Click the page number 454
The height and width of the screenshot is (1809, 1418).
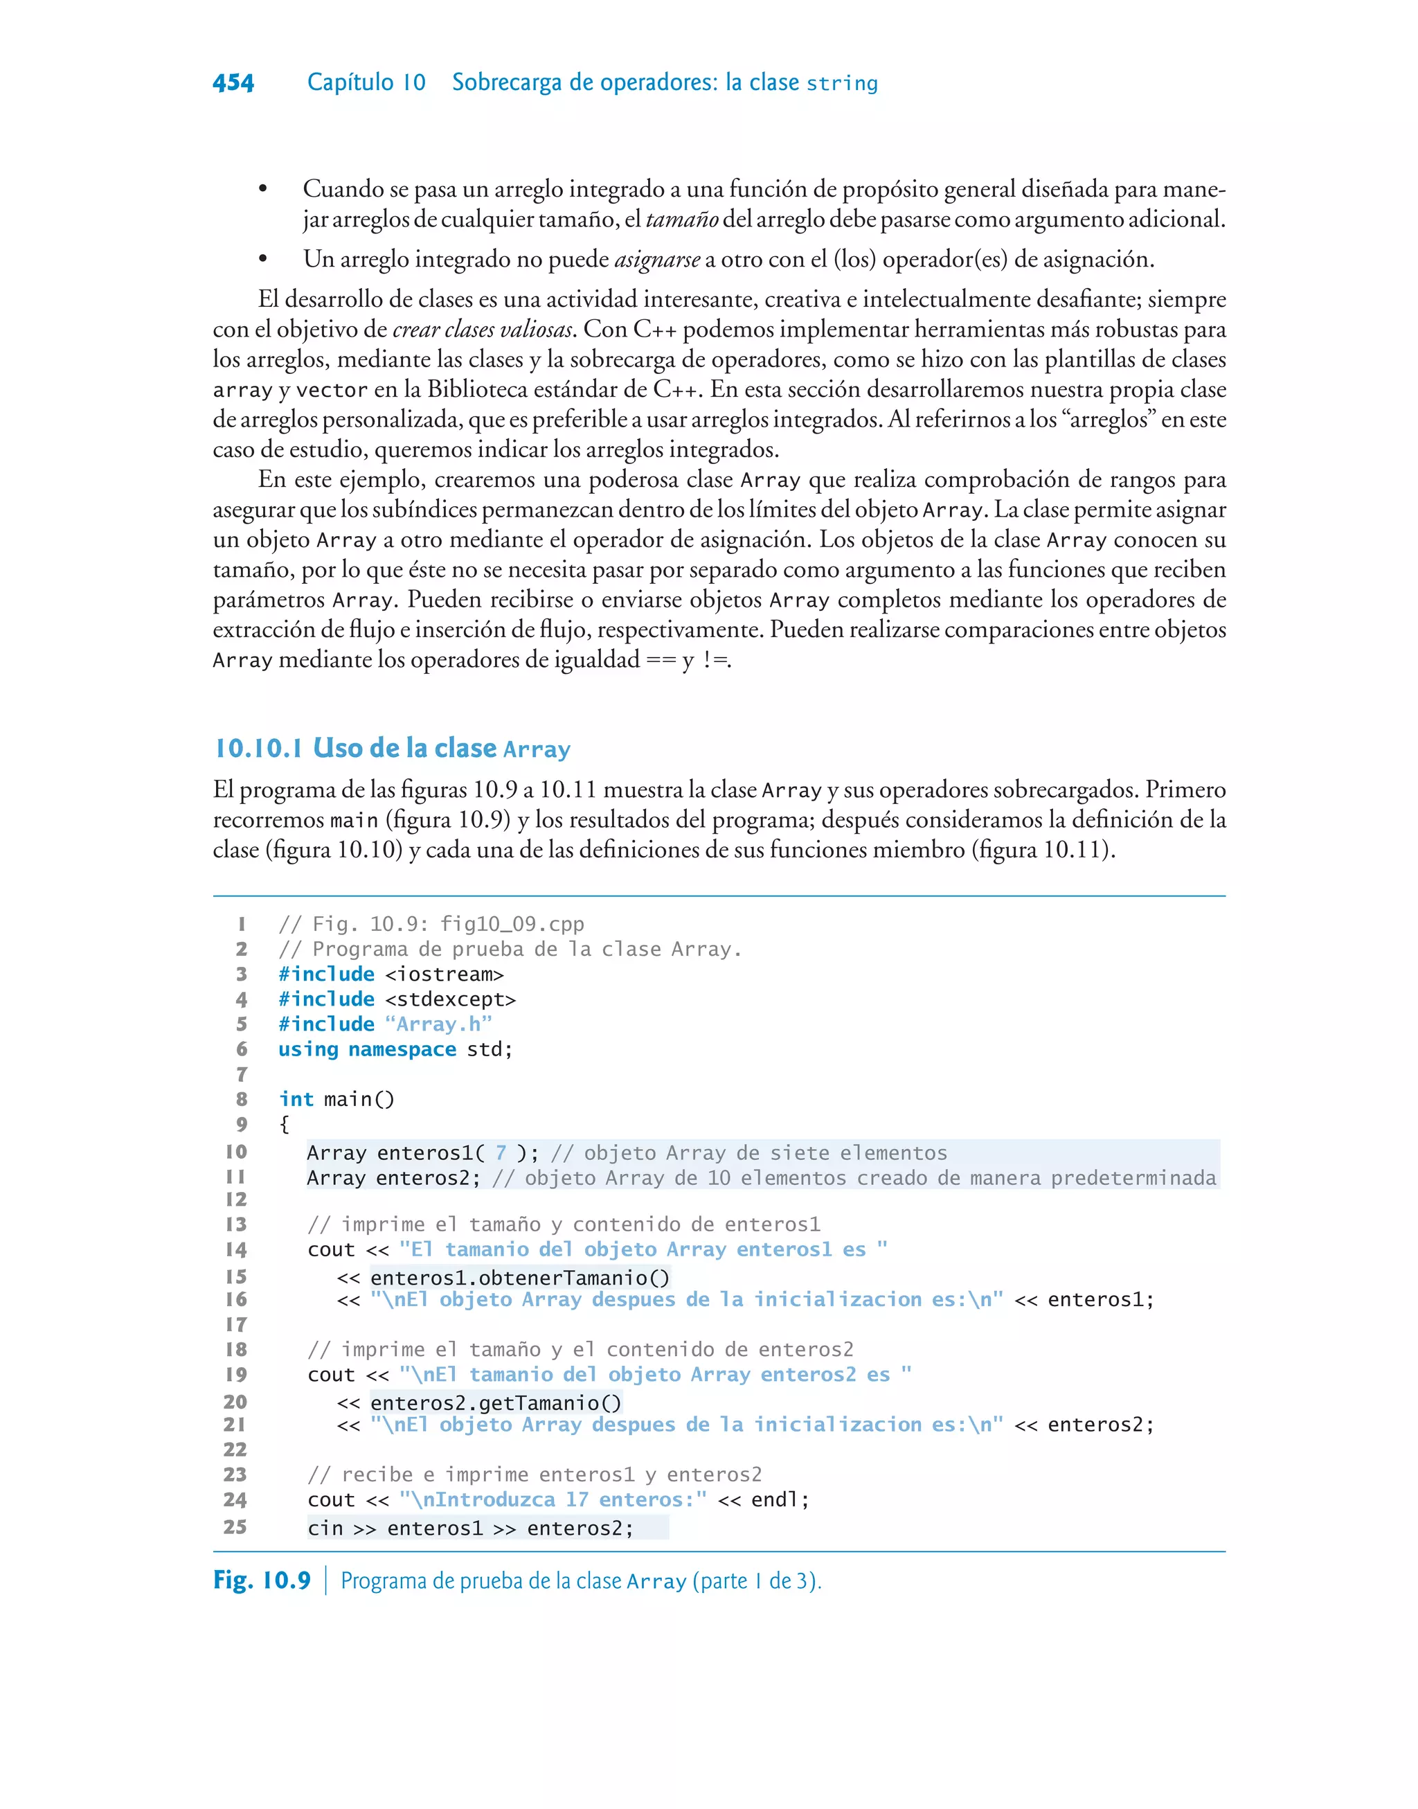coord(233,82)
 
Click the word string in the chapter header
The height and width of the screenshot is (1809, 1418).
coord(842,84)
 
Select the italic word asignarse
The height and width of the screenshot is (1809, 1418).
coord(656,259)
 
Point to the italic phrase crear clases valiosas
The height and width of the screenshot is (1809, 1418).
coord(483,330)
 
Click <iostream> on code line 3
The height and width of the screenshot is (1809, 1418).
coord(444,974)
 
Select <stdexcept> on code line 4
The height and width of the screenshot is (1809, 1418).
coord(450,999)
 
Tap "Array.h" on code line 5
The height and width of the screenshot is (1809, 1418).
coord(438,1024)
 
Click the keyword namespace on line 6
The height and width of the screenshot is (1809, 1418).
coord(402,1049)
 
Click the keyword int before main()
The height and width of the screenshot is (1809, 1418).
coord(296,1099)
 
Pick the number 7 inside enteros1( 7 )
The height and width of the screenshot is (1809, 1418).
coord(501,1152)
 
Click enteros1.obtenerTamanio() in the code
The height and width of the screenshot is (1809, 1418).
coord(520,1278)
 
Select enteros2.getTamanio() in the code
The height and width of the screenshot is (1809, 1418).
coord(496,1403)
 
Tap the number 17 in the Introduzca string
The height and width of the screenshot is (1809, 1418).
coord(577,1499)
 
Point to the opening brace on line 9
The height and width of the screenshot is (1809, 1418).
coord(284,1125)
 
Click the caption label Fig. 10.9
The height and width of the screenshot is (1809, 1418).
coord(262,1580)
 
